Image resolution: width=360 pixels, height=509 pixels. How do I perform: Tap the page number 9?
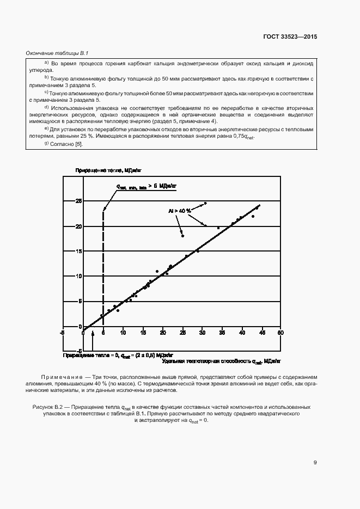pos(315,463)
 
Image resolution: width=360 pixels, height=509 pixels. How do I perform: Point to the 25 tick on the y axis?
pos(79,201)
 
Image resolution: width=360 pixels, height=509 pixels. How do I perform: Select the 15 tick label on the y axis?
pos(79,251)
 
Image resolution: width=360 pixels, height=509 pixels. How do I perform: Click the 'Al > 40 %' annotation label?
pos(179,210)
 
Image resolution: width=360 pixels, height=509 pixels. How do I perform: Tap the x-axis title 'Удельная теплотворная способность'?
pos(204,361)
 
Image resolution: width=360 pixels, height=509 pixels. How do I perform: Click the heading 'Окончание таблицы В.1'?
pos(57,53)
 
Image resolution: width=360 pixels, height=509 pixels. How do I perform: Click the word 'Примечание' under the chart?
pos(60,377)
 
